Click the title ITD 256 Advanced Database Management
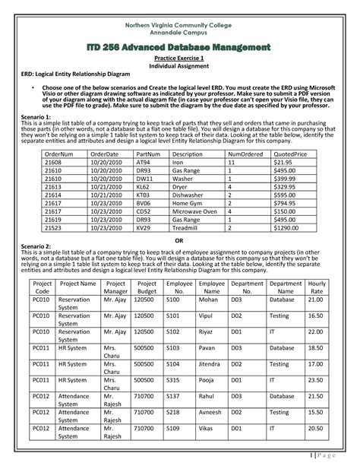[180, 49]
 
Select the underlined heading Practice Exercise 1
[180, 66]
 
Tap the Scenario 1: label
[33, 118]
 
